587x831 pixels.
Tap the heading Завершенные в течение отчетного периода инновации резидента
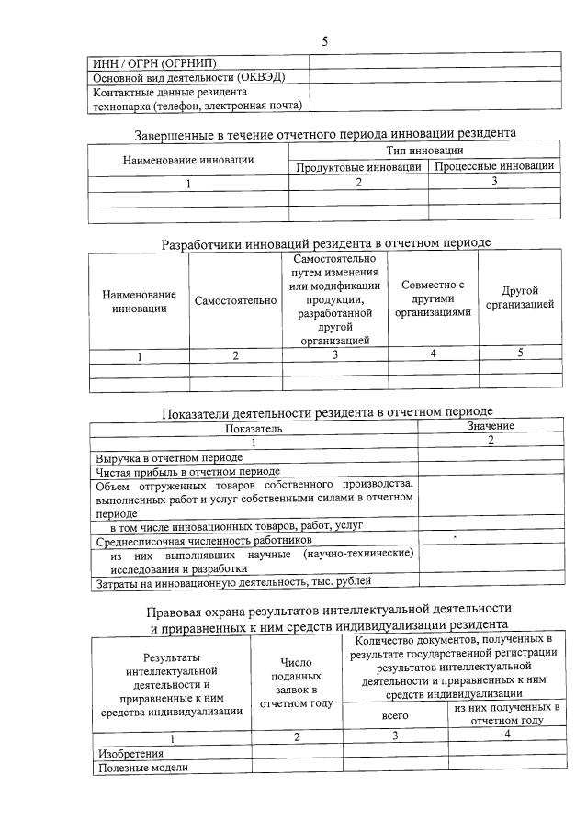325,134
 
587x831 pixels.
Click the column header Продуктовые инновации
358,166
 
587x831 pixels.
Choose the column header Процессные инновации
493,166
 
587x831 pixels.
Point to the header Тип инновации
423,150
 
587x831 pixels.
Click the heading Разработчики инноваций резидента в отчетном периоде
325,243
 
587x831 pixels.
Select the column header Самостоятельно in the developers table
235,301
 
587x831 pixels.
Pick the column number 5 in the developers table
519,354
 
